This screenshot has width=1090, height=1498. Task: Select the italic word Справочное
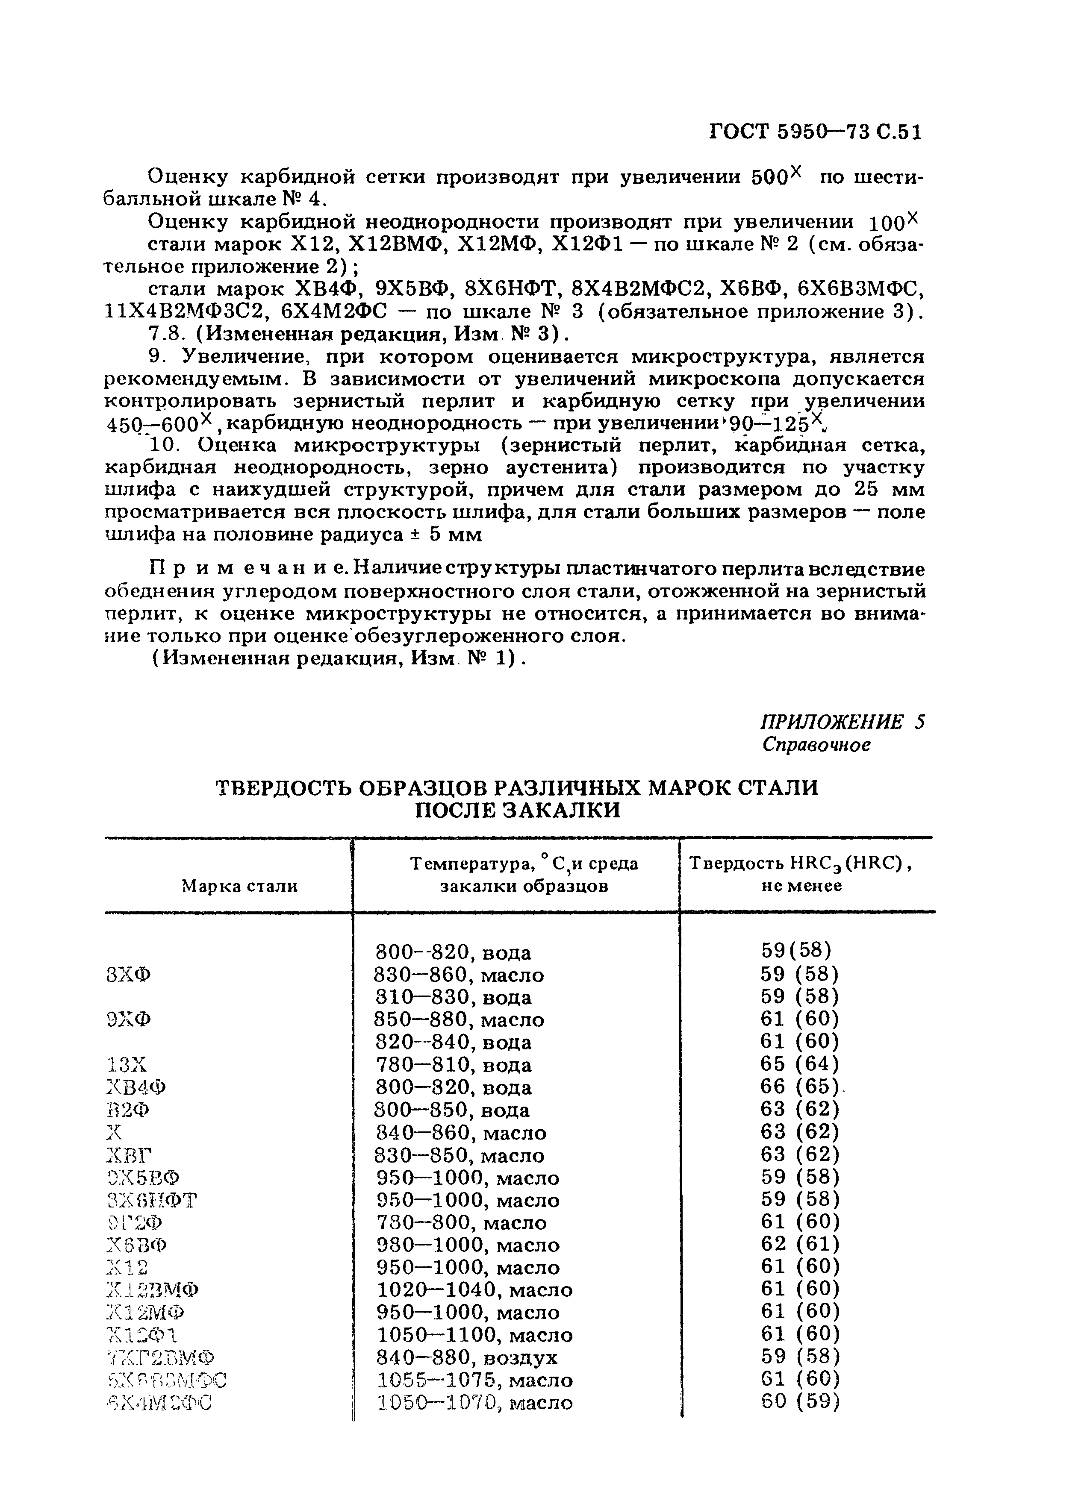pyautogui.click(x=816, y=744)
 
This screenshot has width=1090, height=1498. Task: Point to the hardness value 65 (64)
pyautogui.click(x=799, y=1064)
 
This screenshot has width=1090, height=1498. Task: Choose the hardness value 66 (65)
pyautogui.click(x=799, y=1087)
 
